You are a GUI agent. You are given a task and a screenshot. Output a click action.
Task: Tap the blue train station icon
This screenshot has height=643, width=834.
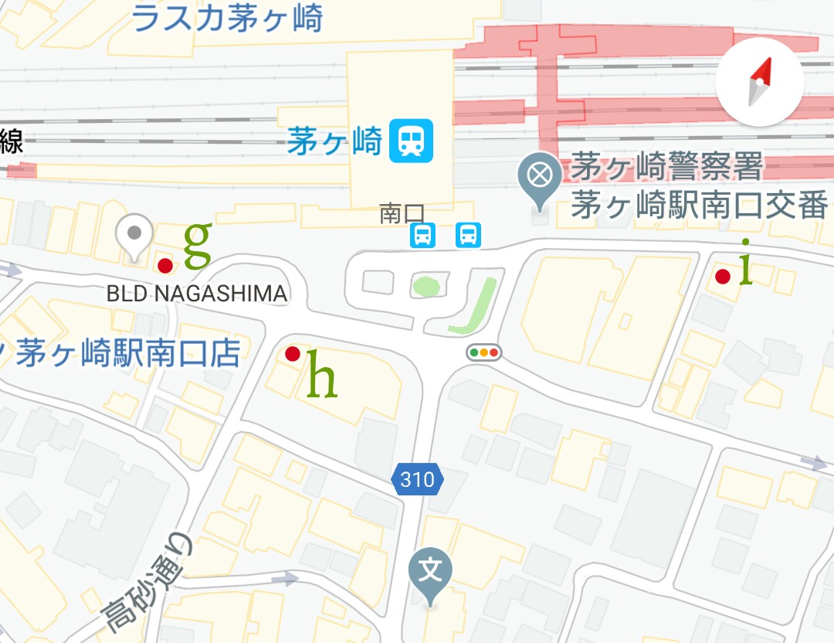pyautogui.click(x=411, y=141)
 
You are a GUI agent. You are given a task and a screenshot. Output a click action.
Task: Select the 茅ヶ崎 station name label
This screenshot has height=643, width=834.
pyautogui.click(x=335, y=142)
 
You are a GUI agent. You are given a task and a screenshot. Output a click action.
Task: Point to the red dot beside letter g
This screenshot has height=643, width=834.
pyautogui.click(x=164, y=266)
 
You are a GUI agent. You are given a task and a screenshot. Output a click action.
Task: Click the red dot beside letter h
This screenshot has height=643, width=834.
pyautogui.click(x=293, y=354)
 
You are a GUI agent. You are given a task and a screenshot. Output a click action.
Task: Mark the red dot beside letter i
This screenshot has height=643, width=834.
pyautogui.click(x=723, y=277)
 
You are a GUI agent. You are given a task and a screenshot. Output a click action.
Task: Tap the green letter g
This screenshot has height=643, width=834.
pyautogui.click(x=197, y=244)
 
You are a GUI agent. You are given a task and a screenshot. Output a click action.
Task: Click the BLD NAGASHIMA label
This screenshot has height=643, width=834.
pyautogui.click(x=196, y=294)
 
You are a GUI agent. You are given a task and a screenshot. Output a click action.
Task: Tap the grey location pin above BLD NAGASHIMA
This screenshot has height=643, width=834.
pyautogui.click(x=134, y=236)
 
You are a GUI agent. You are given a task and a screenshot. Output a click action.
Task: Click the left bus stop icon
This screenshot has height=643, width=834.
pyautogui.click(x=422, y=234)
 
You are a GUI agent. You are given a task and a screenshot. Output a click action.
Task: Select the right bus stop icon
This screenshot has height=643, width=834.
pyautogui.click(x=468, y=234)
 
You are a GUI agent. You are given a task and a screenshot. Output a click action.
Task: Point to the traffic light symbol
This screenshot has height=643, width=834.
pyautogui.click(x=484, y=353)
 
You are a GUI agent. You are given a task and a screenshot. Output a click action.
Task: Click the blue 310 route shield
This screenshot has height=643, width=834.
pyautogui.click(x=418, y=480)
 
